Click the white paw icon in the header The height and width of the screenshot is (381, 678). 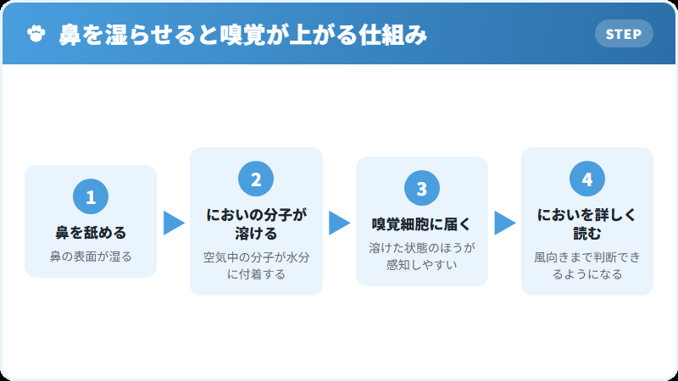click(x=36, y=34)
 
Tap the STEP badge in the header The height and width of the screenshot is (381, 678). click(x=624, y=34)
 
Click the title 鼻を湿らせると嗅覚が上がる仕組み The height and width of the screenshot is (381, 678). click(x=243, y=34)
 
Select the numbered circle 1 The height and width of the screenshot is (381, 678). click(x=91, y=196)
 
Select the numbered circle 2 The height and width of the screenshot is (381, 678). click(x=256, y=179)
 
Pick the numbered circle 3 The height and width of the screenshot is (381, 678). click(x=421, y=188)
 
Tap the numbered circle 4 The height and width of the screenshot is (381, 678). click(x=586, y=179)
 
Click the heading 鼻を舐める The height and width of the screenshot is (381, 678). click(x=91, y=233)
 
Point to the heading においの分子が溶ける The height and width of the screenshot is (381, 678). click(x=256, y=224)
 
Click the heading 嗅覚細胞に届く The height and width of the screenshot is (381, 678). click(x=421, y=224)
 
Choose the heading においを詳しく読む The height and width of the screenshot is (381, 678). click(x=586, y=224)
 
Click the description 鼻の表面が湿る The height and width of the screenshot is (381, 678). click(x=91, y=257)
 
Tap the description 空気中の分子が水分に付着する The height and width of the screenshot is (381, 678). click(x=256, y=265)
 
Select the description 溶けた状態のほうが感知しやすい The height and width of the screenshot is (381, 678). click(x=421, y=257)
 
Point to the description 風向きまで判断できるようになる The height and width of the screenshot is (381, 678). click(x=586, y=265)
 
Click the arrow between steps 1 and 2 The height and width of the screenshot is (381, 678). click(x=174, y=223)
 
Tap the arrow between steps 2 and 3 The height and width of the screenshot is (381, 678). click(x=339, y=223)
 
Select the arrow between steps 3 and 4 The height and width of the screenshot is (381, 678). click(x=504, y=223)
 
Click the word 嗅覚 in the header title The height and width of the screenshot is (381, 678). click(x=242, y=34)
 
